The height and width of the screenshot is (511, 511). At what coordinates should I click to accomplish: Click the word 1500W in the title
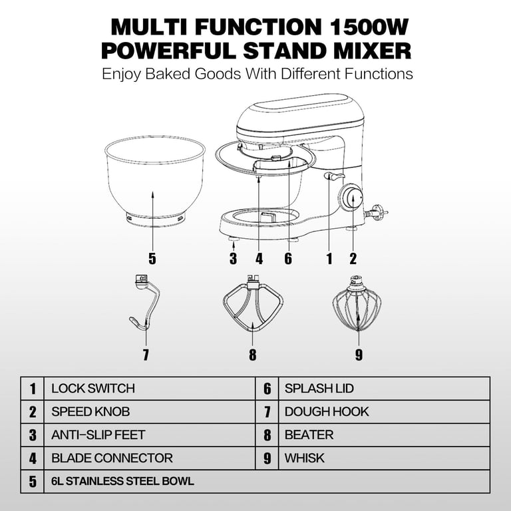[369, 27]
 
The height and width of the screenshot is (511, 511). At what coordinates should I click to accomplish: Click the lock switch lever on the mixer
[334, 176]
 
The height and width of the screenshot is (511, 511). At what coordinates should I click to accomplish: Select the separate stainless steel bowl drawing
[155, 182]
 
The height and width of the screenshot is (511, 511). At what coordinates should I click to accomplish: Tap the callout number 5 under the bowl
[152, 258]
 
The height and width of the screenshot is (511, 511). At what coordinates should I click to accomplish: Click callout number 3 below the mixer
[233, 258]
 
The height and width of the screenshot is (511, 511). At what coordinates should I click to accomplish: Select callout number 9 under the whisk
[359, 355]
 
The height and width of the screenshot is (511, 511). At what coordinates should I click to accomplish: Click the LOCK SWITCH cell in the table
[93, 389]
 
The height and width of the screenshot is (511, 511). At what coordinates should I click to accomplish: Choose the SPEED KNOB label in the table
[90, 412]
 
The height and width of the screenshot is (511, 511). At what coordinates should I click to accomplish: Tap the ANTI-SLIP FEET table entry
[98, 434]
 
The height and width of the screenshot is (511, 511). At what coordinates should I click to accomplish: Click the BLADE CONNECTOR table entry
[112, 458]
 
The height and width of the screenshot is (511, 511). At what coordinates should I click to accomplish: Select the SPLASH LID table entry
[319, 389]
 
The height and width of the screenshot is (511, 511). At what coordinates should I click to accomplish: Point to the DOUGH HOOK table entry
[327, 412]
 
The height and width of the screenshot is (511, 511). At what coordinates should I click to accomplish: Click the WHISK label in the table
[304, 458]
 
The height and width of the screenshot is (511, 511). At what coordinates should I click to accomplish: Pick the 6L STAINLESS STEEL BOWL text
[122, 481]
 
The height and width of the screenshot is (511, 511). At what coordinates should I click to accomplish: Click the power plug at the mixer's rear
[377, 212]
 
